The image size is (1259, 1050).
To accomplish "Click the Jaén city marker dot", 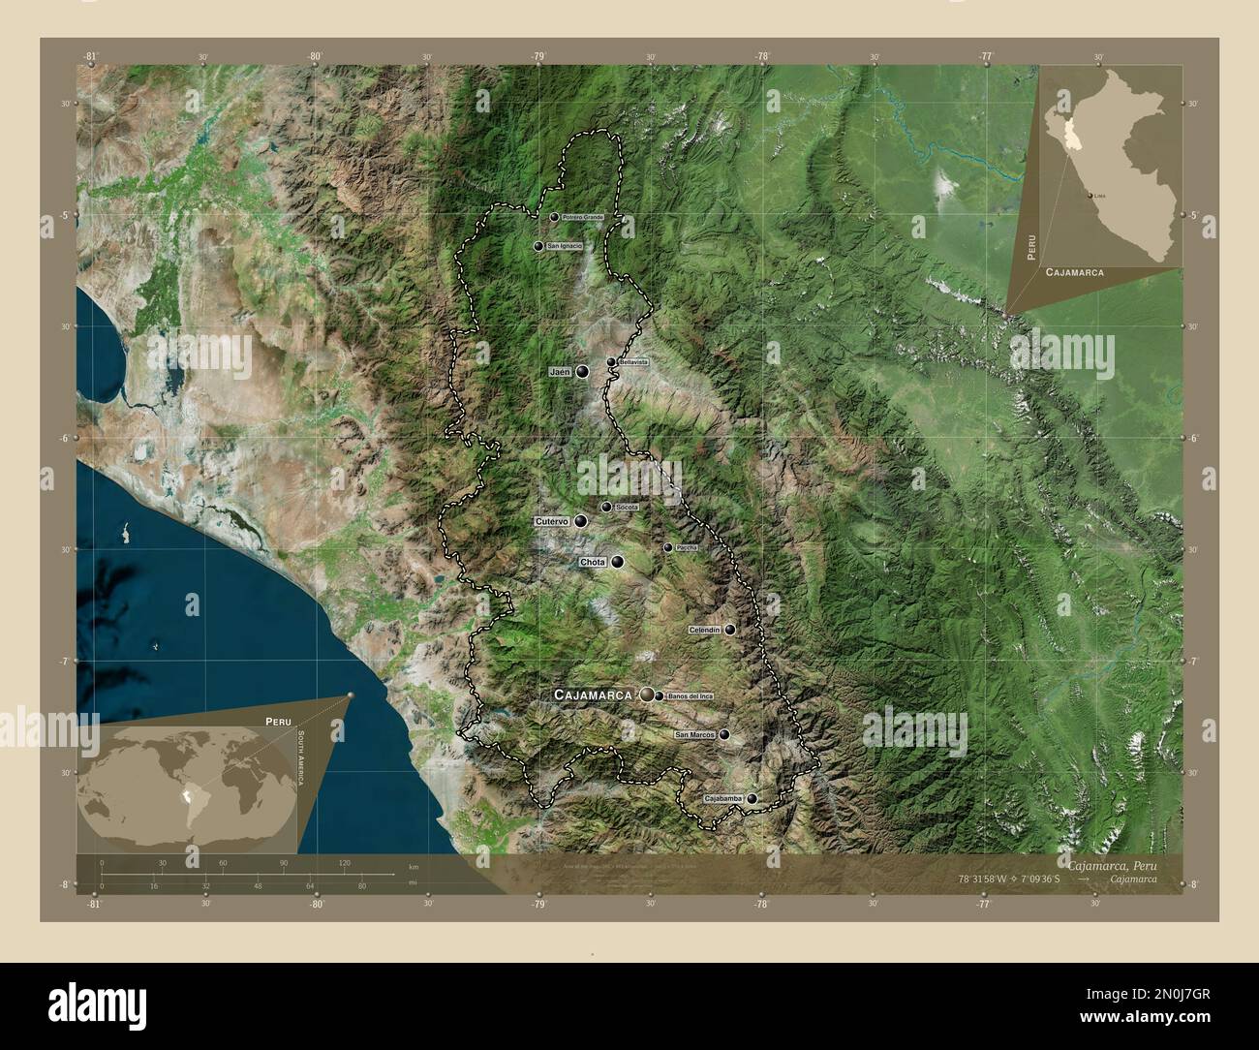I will (582, 371).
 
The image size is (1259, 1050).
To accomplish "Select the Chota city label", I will (592, 562).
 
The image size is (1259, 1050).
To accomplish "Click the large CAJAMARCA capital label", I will (592, 695).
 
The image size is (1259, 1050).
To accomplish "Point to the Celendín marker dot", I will (729, 630).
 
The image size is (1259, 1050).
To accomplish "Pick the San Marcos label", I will (694, 735).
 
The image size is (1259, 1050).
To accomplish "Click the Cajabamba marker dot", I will (752, 799).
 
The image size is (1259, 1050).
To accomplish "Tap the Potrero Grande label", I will (582, 217).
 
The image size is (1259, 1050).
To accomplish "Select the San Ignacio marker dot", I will (537, 246).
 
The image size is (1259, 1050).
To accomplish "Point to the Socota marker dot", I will (606, 507).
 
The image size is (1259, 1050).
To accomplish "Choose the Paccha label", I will (686, 547).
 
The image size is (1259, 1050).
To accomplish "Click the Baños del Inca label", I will (690, 695).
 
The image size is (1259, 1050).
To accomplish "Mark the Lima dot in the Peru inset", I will (1092, 196).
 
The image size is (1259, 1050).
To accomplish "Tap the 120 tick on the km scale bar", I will (344, 862).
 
